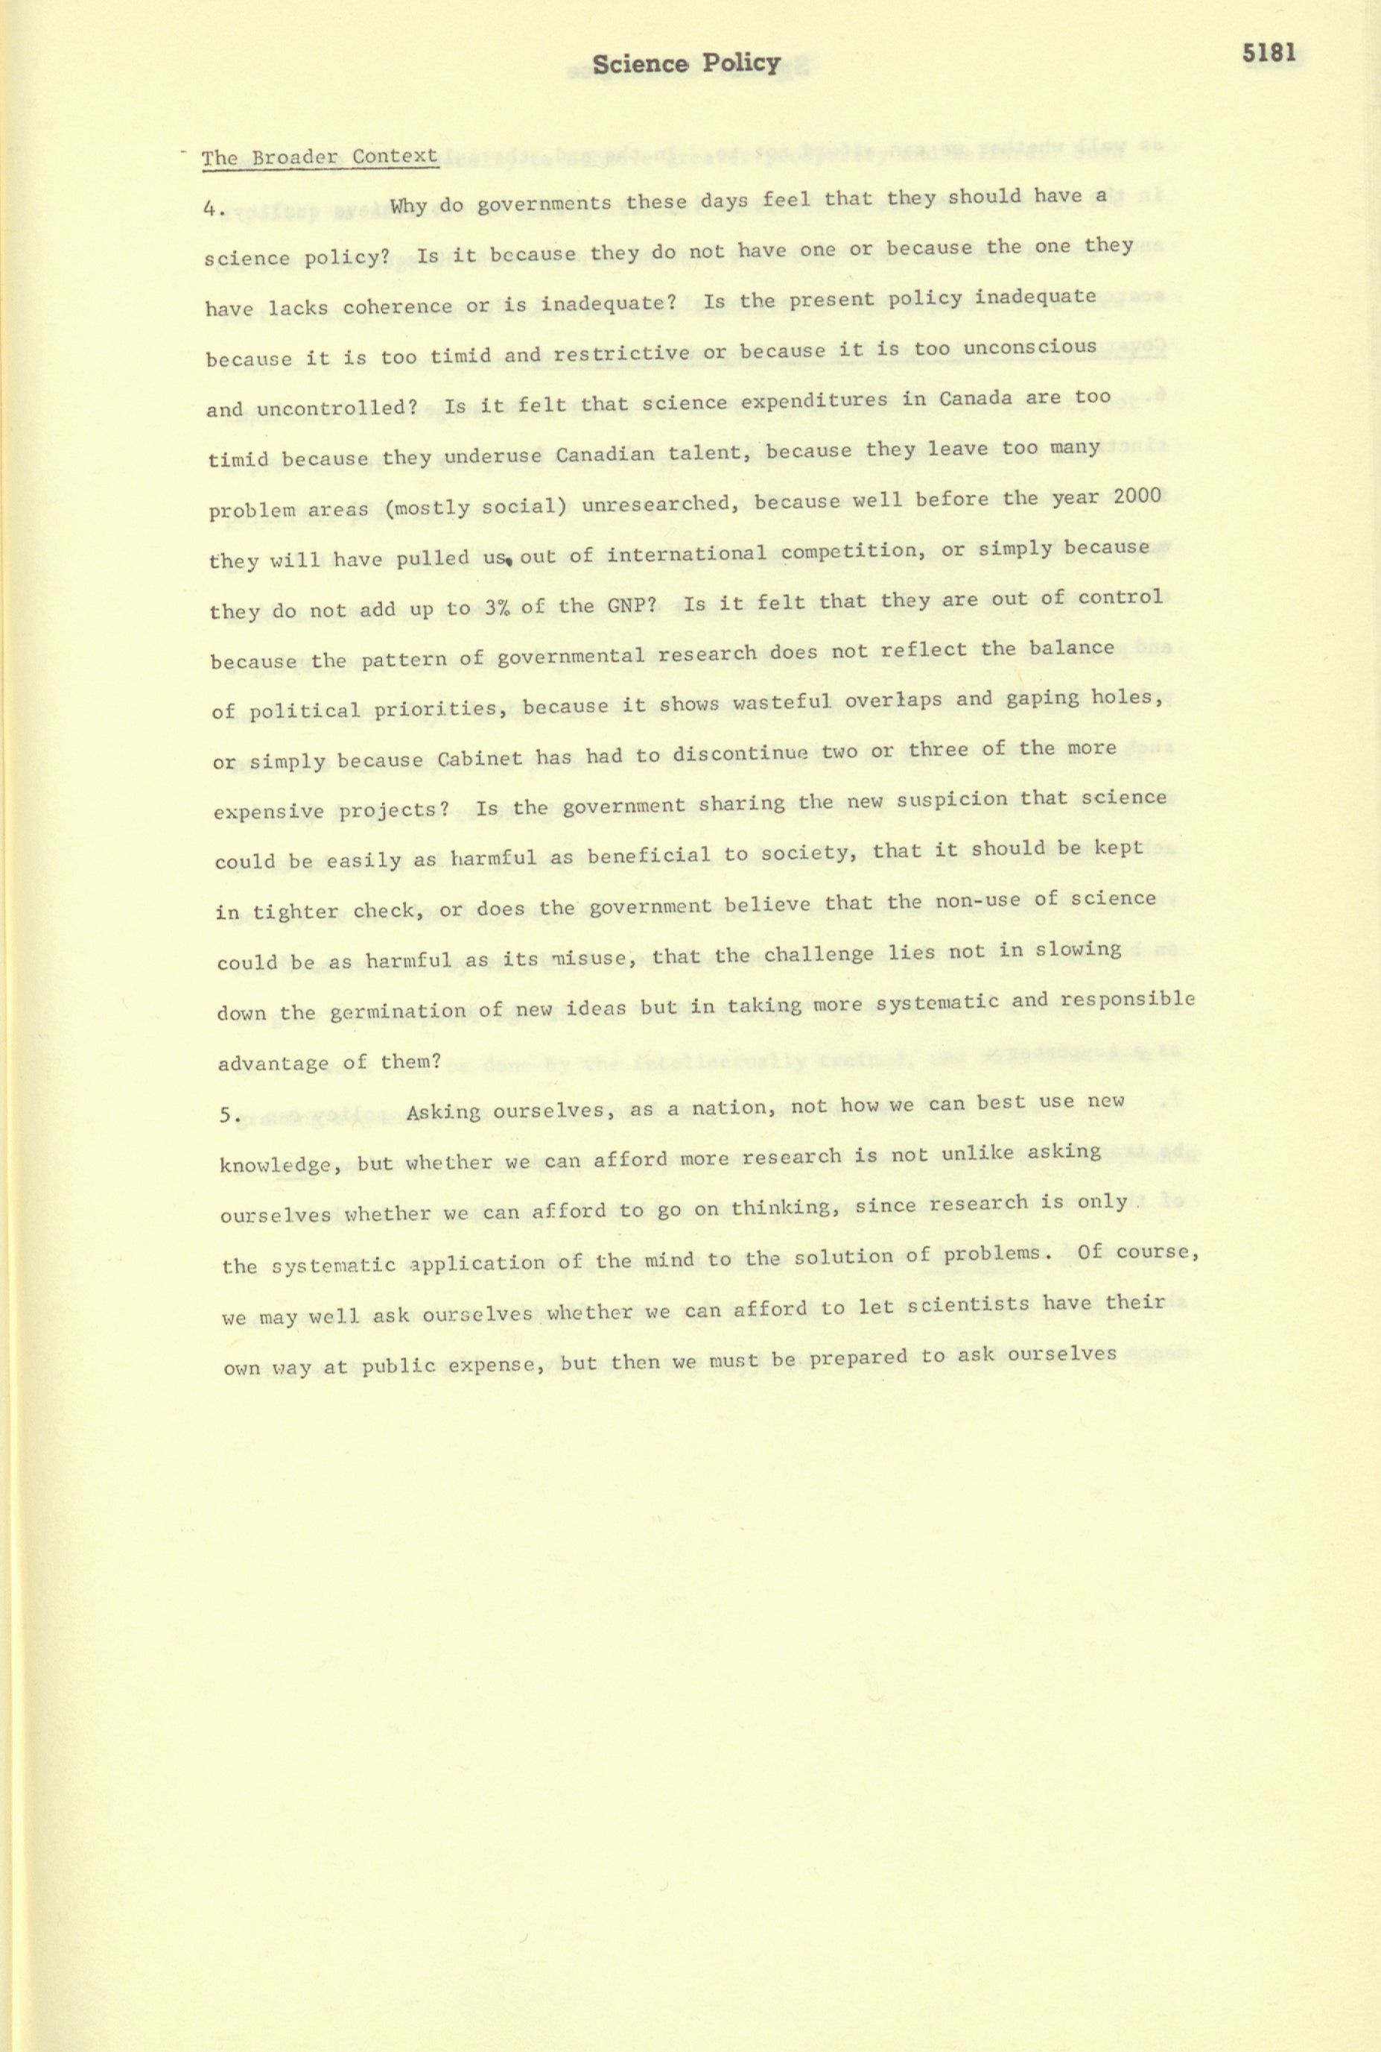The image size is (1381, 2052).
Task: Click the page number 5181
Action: pyautogui.click(x=1269, y=53)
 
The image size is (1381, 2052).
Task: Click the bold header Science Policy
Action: pyautogui.click(x=686, y=63)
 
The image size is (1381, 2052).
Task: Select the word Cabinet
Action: pyautogui.click(x=479, y=758)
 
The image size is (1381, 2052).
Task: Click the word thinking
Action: pyautogui.click(x=781, y=1208)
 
